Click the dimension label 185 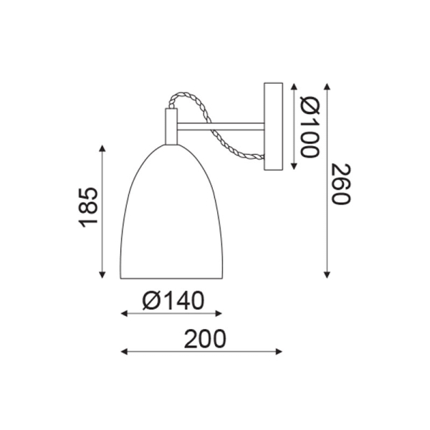coord(87,207)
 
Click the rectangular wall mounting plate coord(274,128)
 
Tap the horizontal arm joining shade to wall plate coord(220,128)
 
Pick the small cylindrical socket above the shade coord(171,126)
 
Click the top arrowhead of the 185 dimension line coord(103,148)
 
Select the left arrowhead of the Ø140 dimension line coord(124,314)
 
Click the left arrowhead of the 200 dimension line coord(124,352)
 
